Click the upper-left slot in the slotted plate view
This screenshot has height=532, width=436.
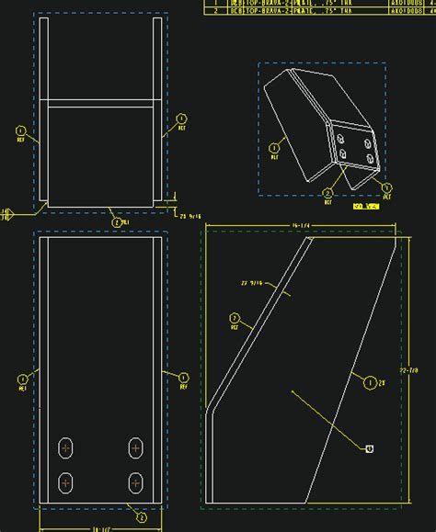coord(66,447)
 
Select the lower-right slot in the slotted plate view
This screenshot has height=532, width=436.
coord(136,481)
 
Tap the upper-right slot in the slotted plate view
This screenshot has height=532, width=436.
coord(136,447)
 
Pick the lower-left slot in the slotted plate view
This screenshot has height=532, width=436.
coord(66,481)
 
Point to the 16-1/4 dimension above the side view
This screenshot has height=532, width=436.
coord(298,223)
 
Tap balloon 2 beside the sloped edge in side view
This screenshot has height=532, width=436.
coord(235,318)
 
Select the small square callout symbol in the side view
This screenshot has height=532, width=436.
coord(369,448)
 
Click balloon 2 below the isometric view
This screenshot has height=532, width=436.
coord(327,193)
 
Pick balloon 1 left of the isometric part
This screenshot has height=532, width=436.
coord(274,147)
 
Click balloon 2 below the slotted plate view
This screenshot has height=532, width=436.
coord(142,517)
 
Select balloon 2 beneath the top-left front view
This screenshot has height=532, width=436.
coord(116,221)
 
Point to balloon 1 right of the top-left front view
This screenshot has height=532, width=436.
coord(181,119)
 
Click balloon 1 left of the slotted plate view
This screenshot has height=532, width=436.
coord(22,378)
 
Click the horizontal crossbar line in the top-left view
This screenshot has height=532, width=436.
coord(101,101)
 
